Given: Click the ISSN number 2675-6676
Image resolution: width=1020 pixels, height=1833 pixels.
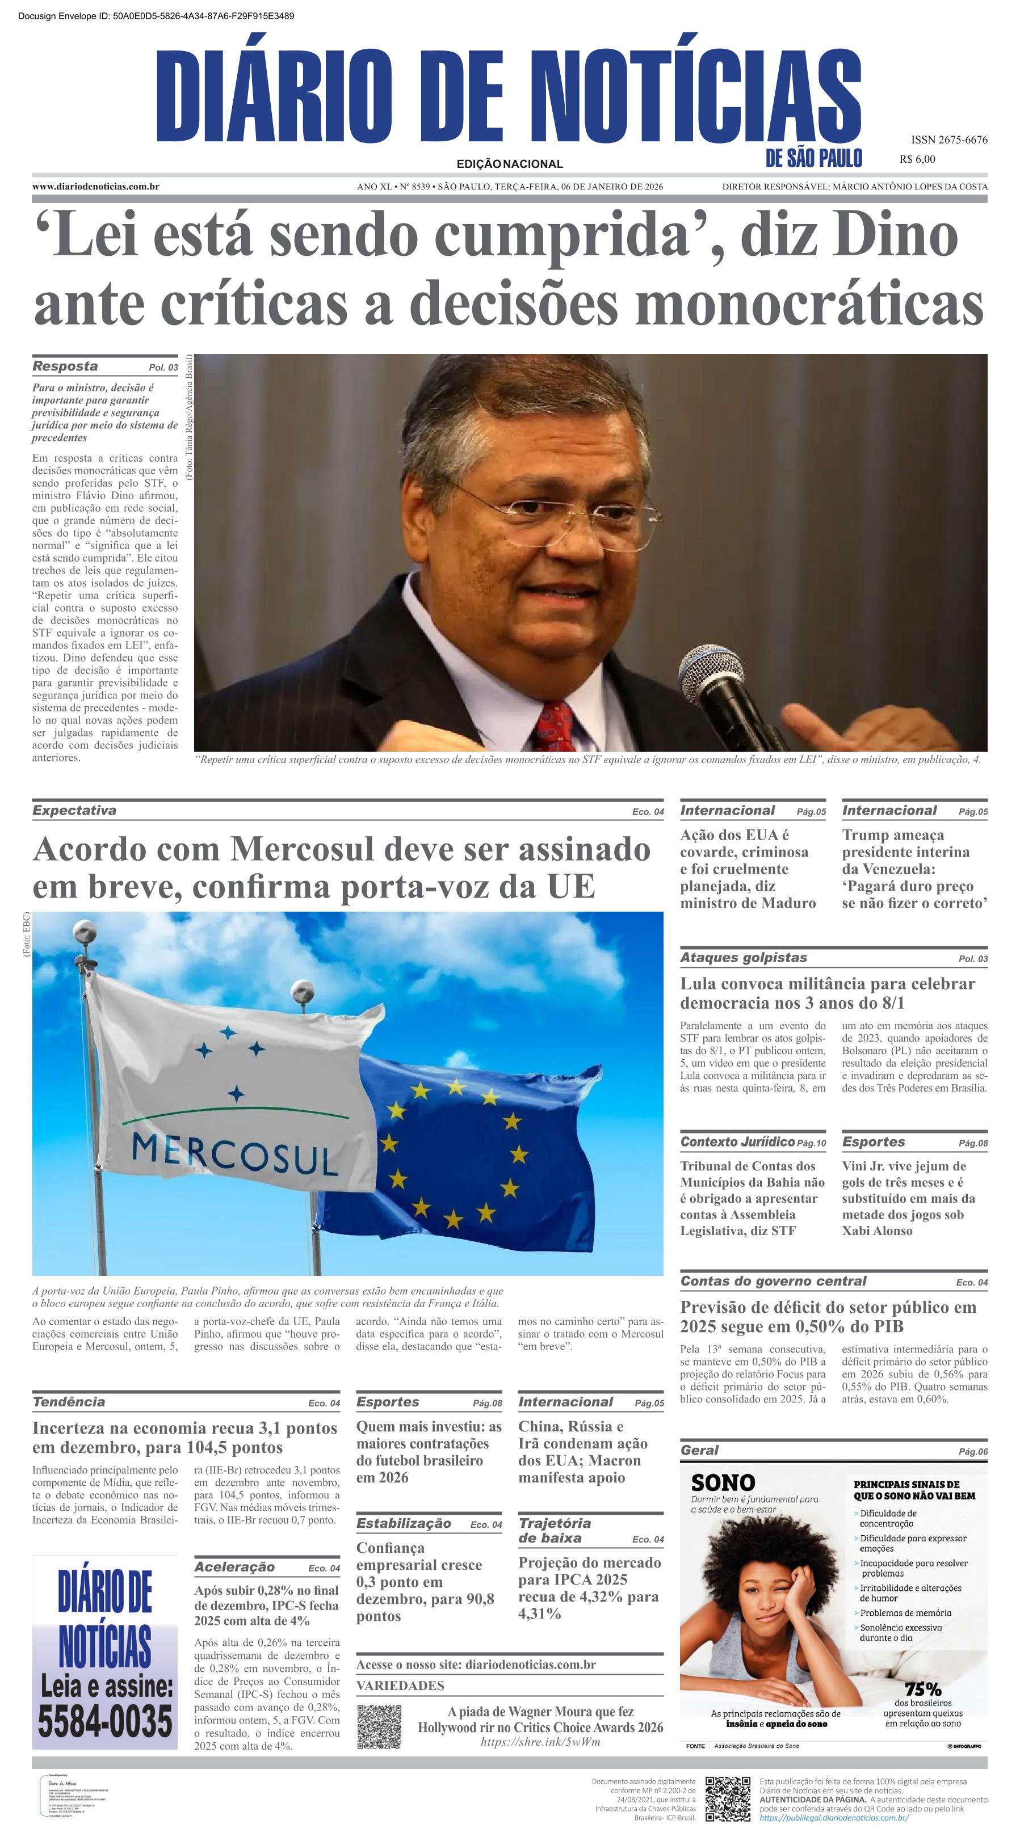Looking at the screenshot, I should [949, 140].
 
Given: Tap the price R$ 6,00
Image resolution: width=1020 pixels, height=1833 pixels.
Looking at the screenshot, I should [917, 159].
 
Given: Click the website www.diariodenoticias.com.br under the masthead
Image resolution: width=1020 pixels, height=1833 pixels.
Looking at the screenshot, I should [95, 187].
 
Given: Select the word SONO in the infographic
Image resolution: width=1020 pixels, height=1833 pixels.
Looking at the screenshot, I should [723, 1483].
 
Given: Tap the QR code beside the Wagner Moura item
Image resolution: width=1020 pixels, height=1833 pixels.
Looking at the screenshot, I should [379, 1726].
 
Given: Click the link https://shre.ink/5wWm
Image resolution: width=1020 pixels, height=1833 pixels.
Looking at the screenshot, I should [540, 1742].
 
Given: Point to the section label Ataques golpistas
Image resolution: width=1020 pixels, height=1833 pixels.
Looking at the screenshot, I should [743, 958].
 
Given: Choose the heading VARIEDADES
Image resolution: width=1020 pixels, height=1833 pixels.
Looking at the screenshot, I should [400, 1685].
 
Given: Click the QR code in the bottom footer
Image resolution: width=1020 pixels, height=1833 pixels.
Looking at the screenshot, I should [728, 1798].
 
